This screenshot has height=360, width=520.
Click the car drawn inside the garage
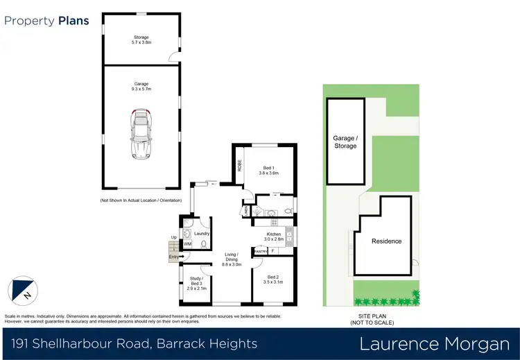pyautogui.click(x=141, y=133)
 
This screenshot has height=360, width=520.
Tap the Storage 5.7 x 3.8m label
pyautogui.click(x=141, y=40)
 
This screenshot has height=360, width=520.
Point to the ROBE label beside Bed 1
pyautogui.click(x=240, y=166)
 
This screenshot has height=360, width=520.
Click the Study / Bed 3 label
pyautogui.click(x=196, y=282)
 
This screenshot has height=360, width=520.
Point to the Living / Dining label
pyautogui.click(x=231, y=261)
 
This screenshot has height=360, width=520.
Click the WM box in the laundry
pyautogui.click(x=187, y=244)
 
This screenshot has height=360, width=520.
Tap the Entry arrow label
pyautogui.click(x=175, y=257)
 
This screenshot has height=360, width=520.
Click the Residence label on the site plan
pyautogui.click(x=387, y=241)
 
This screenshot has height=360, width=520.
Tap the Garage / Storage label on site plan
pyautogui.click(x=345, y=142)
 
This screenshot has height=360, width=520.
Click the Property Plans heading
pyautogui.click(x=47, y=20)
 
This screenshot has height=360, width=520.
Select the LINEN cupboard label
pyautogui.click(x=245, y=210)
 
